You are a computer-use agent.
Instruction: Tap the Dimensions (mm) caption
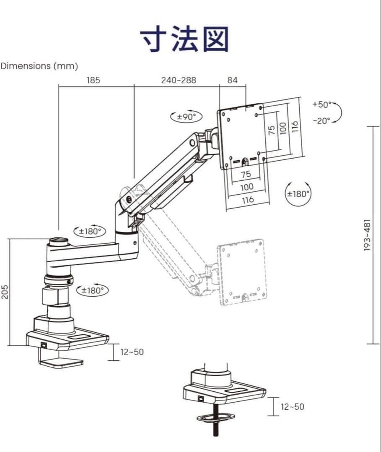39,66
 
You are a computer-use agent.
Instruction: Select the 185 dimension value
93,80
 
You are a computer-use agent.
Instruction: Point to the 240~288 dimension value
179,80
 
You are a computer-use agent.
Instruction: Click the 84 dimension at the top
233,80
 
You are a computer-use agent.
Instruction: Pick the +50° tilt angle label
321,104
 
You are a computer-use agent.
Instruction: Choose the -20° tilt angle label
321,121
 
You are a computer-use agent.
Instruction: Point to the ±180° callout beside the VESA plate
298,194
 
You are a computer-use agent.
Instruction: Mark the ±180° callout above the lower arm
90,231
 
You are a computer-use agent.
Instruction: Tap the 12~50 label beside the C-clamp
132,352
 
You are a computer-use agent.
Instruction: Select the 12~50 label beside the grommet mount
293,406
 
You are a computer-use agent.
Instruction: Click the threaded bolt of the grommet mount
215,423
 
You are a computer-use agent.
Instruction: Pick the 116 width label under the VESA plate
248,200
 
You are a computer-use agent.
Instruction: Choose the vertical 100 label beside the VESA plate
283,128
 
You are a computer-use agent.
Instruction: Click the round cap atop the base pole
58,241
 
